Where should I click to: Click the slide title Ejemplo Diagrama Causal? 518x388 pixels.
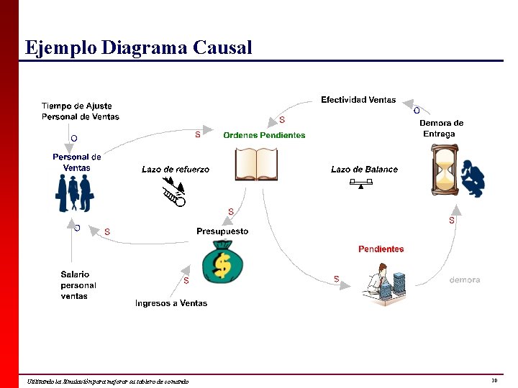pyautogui.click(x=139, y=47)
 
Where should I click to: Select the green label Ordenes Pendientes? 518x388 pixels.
pyautogui.click(x=264, y=135)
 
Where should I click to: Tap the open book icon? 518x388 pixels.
pyautogui.click(x=256, y=164)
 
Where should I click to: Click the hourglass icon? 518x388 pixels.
pyautogui.click(x=445, y=170)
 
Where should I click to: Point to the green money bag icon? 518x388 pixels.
pyautogui.click(x=222, y=262)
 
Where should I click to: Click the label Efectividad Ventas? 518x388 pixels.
pyautogui.click(x=358, y=100)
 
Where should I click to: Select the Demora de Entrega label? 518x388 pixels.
pyautogui.click(x=441, y=128)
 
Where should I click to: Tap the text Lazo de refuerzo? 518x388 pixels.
pyautogui.click(x=176, y=170)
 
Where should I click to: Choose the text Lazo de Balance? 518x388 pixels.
pyautogui.click(x=364, y=170)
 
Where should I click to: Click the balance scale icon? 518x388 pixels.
pyautogui.click(x=361, y=184)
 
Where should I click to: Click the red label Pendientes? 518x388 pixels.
pyautogui.click(x=381, y=249)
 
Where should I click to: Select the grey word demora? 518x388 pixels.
pyautogui.click(x=464, y=280)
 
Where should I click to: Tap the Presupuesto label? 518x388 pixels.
pyautogui.click(x=222, y=231)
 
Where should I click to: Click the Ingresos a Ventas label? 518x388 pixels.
pyautogui.click(x=171, y=303)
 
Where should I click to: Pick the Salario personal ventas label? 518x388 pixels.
pyautogui.click(x=78, y=285)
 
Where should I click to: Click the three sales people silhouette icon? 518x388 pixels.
pyautogui.click(x=75, y=193)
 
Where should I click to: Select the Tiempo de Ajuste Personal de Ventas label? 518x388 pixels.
pyautogui.click(x=80, y=111)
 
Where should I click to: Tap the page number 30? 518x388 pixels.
pyautogui.click(x=494, y=380)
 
